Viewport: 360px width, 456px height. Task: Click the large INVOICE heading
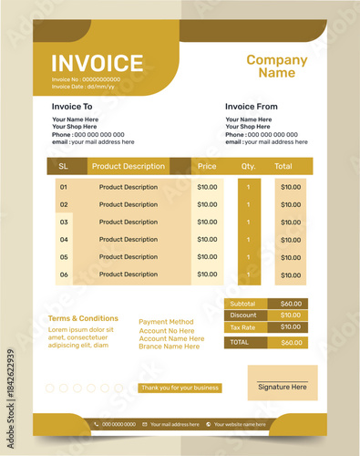click(x=98, y=63)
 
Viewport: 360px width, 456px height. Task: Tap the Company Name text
click(x=277, y=67)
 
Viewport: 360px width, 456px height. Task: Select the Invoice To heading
click(x=72, y=107)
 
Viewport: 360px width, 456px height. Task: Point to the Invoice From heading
click(x=252, y=107)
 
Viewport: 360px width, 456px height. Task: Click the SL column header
click(x=63, y=167)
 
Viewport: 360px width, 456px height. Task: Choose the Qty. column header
click(x=248, y=167)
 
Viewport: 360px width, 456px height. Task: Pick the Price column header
click(x=207, y=167)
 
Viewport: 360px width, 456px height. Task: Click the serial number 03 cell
click(x=64, y=222)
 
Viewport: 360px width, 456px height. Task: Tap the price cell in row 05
click(x=207, y=256)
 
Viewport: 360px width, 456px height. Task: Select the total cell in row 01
click(x=290, y=187)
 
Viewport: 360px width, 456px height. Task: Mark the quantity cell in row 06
click(x=248, y=274)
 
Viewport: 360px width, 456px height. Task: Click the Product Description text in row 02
click(x=129, y=204)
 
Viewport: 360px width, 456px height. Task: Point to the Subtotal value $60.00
click(x=291, y=304)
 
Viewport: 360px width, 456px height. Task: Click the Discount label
click(x=242, y=316)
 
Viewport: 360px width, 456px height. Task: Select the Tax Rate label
click(x=242, y=327)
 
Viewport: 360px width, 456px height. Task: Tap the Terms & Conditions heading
click(x=83, y=318)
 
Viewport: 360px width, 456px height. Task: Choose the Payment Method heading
click(x=166, y=322)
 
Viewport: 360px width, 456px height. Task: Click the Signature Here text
click(x=282, y=387)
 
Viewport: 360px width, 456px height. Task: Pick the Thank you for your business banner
click(x=180, y=388)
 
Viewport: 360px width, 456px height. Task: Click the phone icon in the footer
click(x=97, y=424)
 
